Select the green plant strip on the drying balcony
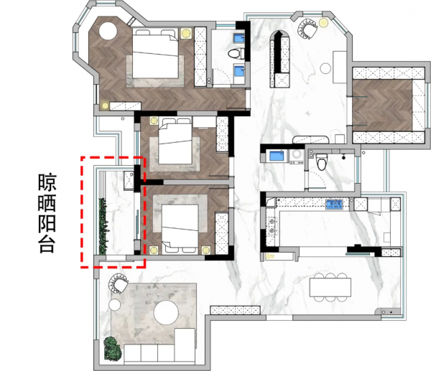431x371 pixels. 102,225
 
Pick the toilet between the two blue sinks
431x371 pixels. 232,55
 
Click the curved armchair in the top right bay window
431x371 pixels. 308,29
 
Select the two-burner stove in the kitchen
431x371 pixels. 272,225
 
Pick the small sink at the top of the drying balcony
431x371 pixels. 129,179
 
